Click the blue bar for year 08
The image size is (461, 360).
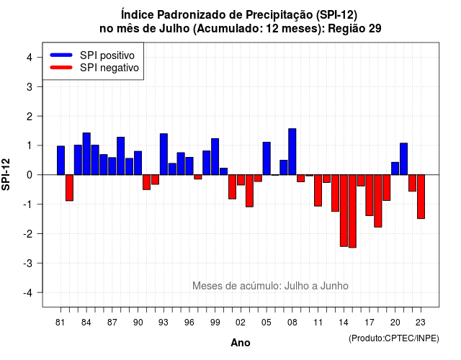pos(292,152)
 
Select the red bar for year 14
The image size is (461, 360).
pos(344,210)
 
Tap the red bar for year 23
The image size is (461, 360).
pos(421,197)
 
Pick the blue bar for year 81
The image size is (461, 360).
pos(61,161)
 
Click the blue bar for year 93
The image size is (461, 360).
pos(164,154)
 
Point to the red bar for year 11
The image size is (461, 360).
pos(318,190)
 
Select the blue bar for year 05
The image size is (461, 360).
pos(267,158)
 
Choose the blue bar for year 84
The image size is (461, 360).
pos(86,153)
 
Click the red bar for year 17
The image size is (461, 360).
pos(370,195)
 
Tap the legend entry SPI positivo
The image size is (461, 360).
pos(92,55)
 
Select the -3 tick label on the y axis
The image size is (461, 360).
pos(28,263)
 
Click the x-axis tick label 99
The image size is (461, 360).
pos(215,323)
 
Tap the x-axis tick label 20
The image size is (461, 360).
pos(395,323)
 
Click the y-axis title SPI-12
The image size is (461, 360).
pos(6,174)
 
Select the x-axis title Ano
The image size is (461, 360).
pos(241,343)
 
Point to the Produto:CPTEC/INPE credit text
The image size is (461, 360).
pos(394,338)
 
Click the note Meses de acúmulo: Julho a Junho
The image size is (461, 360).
pos(270,286)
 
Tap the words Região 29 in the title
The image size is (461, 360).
pos(354,29)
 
